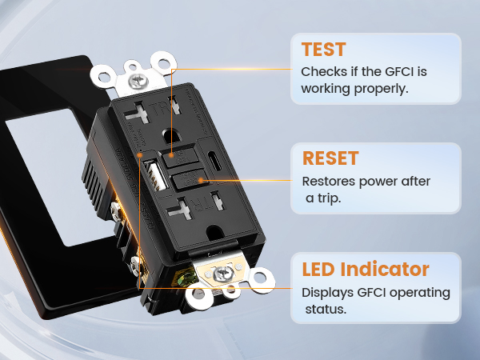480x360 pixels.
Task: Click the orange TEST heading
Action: pos(324,50)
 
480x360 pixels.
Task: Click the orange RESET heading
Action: pos(330,158)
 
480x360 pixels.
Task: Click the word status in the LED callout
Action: pos(325,309)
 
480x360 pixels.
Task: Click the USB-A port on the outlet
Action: pos(153,173)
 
